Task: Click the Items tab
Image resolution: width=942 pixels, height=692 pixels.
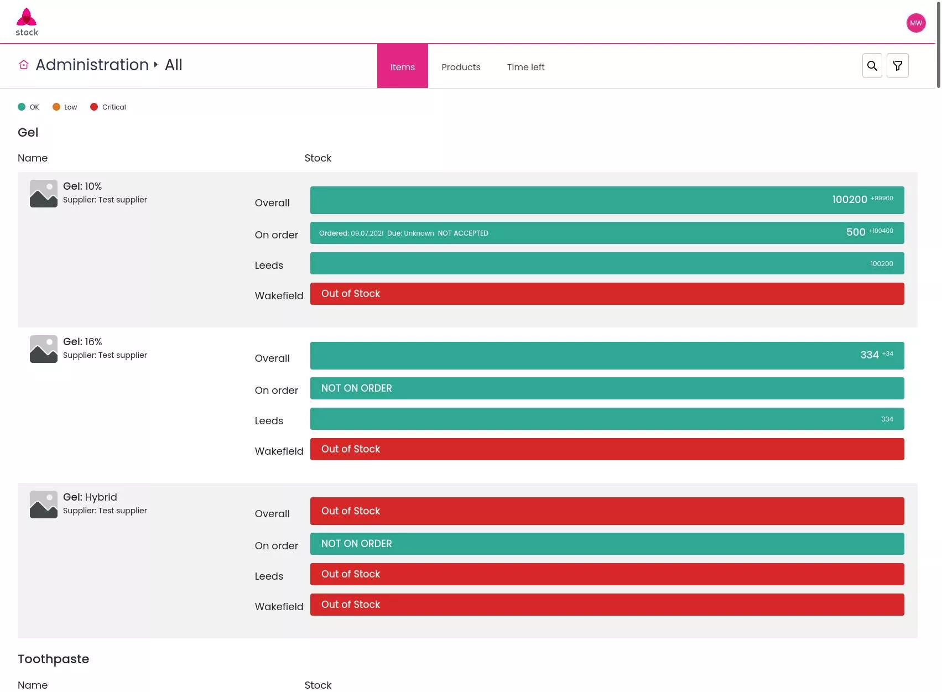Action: click(403, 66)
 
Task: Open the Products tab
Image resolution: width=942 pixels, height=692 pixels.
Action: click(461, 67)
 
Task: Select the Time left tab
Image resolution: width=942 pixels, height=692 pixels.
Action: click(525, 67)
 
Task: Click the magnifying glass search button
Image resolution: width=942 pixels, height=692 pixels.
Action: click(872, 66)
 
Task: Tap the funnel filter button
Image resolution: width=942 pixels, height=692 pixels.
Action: click(898, 66)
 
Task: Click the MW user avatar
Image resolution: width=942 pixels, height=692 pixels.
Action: click(916, 23)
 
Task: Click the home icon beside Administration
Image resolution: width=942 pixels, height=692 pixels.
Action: click(24, 64)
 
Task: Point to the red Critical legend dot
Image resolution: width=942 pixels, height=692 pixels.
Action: click(94, 107)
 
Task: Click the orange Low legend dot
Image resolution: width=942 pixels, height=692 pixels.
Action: click(56, 107)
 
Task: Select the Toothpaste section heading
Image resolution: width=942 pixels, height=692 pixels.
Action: click(54, 659)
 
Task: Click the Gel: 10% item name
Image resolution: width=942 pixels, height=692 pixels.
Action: click(82, 186)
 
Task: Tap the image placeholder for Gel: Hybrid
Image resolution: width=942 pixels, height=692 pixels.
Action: click(44, 504)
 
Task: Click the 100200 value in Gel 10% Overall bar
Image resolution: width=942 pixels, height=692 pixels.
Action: click(850, 199)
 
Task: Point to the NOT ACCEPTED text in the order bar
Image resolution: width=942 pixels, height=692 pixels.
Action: click(463, 233)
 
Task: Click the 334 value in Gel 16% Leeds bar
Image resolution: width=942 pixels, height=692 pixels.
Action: click(887, 419)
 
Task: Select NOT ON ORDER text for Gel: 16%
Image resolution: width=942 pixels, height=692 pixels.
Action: click(357, 388)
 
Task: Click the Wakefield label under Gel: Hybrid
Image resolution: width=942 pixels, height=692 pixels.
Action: click(279, 607)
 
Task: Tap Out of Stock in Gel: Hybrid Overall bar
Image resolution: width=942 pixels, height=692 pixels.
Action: click(351, 511)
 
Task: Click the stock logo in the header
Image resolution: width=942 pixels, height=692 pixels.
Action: click(27, 22)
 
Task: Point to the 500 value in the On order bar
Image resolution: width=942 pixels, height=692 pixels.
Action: click(856, 232)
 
